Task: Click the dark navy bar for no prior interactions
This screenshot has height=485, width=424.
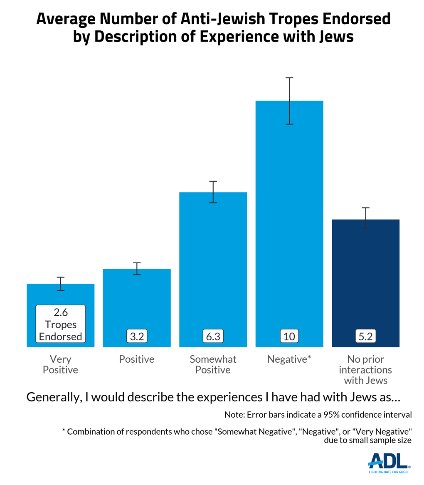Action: point(365,275)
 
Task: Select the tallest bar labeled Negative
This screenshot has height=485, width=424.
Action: point(289,208)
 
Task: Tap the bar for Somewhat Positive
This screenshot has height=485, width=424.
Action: point(213,258)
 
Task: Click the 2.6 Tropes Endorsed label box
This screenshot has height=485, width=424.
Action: point(61,324)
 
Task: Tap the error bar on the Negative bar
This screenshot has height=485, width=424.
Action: point(289,101)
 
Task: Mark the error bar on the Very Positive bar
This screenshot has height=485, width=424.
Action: point(61,284)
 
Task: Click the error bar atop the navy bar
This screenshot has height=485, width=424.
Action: point(365,218)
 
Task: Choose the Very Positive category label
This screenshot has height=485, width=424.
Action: point(61,364)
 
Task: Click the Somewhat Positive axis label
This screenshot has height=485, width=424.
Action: point(213,364)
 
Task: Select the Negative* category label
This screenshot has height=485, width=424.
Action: point(289,359)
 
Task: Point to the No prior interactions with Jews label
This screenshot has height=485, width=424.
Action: point(365,369)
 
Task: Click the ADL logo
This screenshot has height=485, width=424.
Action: point(389,463)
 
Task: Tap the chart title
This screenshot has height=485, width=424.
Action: point(213,27)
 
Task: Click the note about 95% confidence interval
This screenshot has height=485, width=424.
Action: point(318,415)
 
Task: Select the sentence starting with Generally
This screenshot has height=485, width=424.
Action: point(213,397)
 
